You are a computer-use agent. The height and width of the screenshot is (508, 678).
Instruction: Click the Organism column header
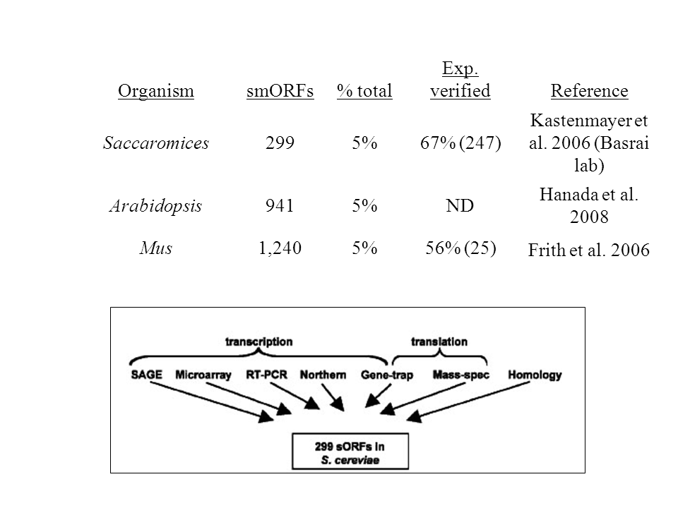[x=155, y=91]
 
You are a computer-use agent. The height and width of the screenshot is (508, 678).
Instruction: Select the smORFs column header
[x=280, y=91]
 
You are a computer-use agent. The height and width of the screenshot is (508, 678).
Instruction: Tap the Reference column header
[x=589, y=91]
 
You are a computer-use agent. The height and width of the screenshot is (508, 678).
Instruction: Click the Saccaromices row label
[x=155, y=143]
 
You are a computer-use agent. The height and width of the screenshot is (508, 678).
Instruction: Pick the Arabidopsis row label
[x=155, y=206]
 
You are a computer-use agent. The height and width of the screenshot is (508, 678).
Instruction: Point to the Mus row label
[x=155, y=248]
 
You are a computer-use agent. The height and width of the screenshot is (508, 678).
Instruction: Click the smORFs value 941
[x=280, y=205]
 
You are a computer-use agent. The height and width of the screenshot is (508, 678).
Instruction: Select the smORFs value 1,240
[x=280, y=248]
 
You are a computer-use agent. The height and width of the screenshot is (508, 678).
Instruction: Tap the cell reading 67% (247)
[x=460, y=143]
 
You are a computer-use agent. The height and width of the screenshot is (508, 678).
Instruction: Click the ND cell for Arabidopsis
[x=460, y=205]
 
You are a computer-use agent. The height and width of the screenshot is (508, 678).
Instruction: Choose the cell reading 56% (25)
[x=460, y=248]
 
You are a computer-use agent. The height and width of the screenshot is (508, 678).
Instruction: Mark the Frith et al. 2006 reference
[x=589, y=250]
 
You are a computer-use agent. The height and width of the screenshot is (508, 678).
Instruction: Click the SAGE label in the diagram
[x=147, y=375]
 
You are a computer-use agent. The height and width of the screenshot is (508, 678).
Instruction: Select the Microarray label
[x=203, y=375]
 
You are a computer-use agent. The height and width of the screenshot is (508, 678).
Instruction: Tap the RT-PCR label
[x=266, y=375]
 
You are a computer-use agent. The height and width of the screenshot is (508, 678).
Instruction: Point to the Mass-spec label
[x=461, y=375]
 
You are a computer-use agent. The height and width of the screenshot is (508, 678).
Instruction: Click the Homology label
[x=535, y=375]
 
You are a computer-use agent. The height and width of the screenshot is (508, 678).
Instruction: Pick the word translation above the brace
[x=439, y=341]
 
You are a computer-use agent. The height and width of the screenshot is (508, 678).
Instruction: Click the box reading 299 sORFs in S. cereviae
[x=350, y=452]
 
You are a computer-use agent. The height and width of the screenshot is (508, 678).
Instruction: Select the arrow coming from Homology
[x=468, y=401]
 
